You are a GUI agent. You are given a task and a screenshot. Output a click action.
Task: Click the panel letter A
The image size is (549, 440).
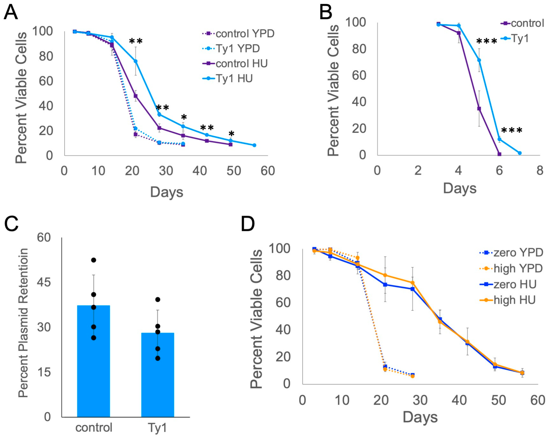click(x=11, y=12)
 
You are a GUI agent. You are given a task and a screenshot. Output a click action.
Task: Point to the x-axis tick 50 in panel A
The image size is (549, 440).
click(x=233, y=171)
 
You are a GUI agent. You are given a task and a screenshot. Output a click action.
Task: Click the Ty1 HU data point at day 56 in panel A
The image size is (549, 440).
click(x=254, y=145)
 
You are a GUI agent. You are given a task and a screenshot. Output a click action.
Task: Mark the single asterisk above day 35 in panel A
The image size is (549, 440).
click(x=184, y=117)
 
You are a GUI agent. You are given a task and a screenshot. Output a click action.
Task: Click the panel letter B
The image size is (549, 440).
click(x=326, y=12)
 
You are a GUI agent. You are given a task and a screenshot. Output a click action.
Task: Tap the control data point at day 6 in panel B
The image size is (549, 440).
click(x=499, y=154)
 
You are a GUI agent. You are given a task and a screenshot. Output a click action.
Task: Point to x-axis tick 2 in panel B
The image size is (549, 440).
click(x=418, y=170)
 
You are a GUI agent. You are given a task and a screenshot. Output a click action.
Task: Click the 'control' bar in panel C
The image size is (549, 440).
click(x=93, y=362)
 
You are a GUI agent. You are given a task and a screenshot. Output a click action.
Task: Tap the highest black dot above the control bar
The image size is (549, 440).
click(x=93, y=260)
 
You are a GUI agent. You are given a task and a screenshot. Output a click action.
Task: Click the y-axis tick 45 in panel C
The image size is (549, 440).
click(x=44, y=282)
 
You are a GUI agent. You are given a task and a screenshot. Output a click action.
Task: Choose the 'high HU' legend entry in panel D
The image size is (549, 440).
click(x=514, y=300)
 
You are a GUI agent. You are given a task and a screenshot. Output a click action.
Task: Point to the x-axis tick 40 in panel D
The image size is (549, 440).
click(x=459, y=400)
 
